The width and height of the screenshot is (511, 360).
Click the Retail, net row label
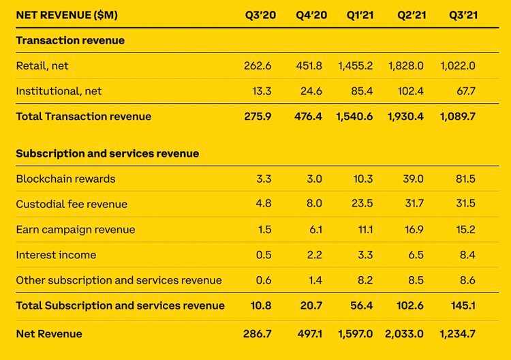[x=42, y=65]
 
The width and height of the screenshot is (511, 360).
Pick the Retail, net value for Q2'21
[x=406, y=65]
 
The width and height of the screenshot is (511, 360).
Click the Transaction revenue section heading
[x=70, y=40]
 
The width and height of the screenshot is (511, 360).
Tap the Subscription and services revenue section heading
[x=108, y=153]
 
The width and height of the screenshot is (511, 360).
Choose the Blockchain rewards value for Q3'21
[x=462, y=179]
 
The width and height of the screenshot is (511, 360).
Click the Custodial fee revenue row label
[x=72, y=204]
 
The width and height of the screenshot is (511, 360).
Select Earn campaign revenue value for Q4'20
[x=313, y=229]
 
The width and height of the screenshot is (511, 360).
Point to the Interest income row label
[x=56, y=255]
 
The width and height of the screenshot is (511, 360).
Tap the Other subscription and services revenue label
[x=119, y=280]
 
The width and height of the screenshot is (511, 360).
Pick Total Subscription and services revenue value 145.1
[x=461, y=305]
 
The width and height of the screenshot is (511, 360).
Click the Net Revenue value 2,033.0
[x=406, y=333]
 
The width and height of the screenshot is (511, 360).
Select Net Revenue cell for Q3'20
[x=258, y=333]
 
